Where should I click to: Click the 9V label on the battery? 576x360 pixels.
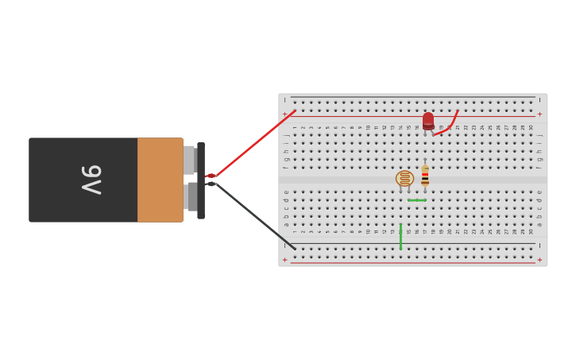pos(91,180)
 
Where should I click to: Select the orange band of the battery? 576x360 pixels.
pos(160,180)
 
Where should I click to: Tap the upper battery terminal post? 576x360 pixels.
pos(189,160)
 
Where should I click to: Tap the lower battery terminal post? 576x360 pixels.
pos(191,196)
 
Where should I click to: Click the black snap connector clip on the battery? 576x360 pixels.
pos(201,180)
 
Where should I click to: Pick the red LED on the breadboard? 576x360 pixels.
pos(428,120)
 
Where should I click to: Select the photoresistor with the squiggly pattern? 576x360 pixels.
pos(404,179)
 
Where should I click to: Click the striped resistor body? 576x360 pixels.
pos(425,176)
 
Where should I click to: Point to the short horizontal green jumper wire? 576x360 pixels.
pos(417,200)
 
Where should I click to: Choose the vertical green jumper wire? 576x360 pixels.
pos(400,237)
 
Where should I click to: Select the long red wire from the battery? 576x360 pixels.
pos(254,144)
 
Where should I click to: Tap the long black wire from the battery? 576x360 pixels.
pos(254,216)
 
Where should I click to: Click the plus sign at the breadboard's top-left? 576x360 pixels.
pos(285,114)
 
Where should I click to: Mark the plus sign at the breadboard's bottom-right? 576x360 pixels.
pos(539,260)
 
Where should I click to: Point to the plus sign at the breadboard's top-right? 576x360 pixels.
pos(539,114)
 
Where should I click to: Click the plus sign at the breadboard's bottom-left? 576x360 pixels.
pos(285,260)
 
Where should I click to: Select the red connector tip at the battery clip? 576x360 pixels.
pos(210,176)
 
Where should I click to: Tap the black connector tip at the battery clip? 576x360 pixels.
pos(211,184)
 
